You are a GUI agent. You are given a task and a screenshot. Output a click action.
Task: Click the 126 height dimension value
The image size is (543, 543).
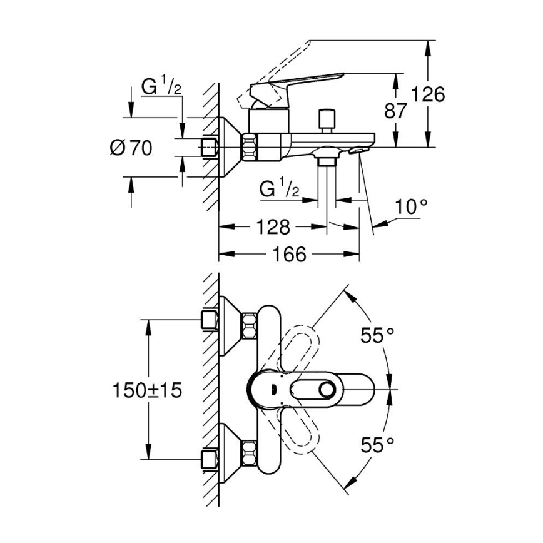pyautogui.click(x=429, y=94)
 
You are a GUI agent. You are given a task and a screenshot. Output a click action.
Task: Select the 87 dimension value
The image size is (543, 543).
pyautogui.click(x=395, y=111)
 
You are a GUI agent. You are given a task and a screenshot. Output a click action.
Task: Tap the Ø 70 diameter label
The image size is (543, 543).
pyautogui.click(x=131, y=148)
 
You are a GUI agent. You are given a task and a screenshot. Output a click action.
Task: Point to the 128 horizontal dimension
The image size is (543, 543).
pyautogui.click(x=273, y=226)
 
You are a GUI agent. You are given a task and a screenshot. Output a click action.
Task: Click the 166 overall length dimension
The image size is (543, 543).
pyautogui.click(x=289, y=255)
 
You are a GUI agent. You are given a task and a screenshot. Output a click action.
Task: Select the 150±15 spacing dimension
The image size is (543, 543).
pyautogui.click(x=147, y=390)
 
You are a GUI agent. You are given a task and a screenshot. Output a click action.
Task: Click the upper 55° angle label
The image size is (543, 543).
pyautogui.click(x=377, y=335)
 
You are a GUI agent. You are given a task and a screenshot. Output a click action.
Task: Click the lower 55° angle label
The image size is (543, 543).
pyautogui.click(x=377, y=445)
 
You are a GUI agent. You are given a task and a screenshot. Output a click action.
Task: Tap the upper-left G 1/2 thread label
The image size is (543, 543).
pyautogui.click(x=161, y=88)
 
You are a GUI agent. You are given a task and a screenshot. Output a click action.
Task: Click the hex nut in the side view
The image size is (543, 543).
pyautogui.click(x=250, y=148)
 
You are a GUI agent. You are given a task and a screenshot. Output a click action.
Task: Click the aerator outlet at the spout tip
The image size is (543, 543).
pyautogui.click(x=360, y=150)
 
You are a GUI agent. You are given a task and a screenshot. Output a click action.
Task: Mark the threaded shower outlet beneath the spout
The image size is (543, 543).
pyautogui.click(x=325, y=161)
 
